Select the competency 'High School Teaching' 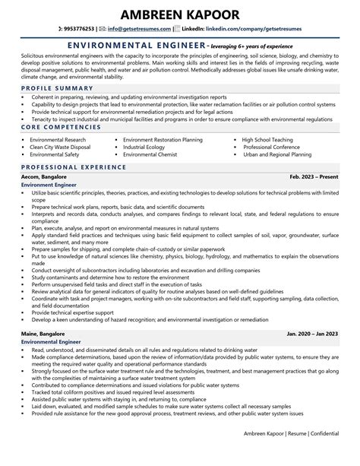pos(271,140)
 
